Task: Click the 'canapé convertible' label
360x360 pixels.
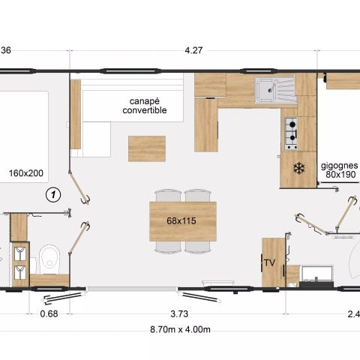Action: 144,105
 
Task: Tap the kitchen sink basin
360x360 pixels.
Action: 265,91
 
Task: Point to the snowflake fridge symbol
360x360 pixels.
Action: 298,168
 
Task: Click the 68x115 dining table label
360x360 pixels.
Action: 184,221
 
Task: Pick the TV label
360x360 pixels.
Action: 269,262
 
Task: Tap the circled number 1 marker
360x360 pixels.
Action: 52,196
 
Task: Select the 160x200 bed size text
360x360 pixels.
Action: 26,173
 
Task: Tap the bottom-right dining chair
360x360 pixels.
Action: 197,246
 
